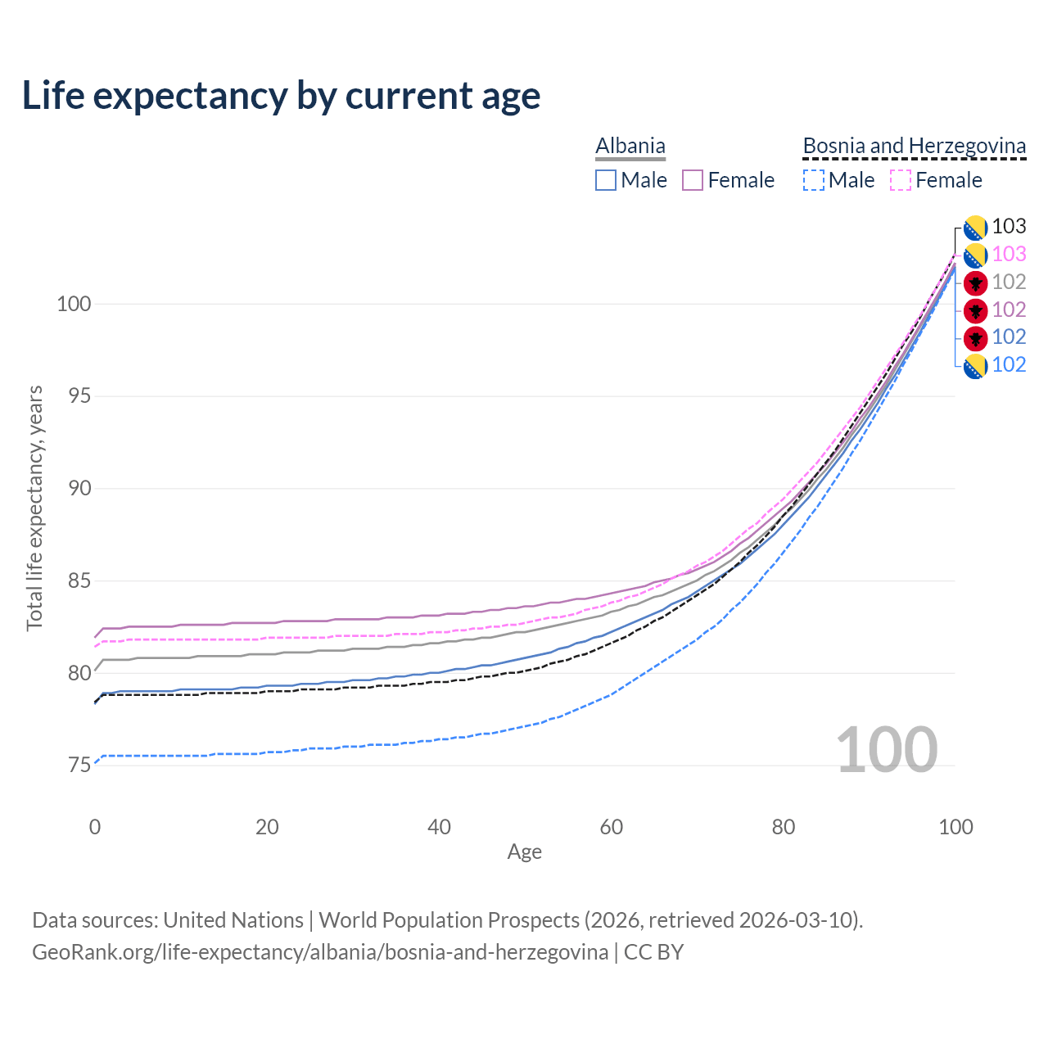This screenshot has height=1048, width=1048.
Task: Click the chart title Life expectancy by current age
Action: (x=281, y=96)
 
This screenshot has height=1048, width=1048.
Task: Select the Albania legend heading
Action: (x=630, y=146)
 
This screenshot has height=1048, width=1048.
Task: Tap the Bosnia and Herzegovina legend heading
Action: (x=914, y=146)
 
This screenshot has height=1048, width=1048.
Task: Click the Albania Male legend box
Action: (x=606, y=180)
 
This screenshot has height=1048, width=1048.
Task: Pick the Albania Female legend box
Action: (x=693, y=180)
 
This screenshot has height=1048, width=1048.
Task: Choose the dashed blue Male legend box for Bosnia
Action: (x=813, y=180)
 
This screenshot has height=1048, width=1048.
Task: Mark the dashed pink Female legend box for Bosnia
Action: (x=900, y=180)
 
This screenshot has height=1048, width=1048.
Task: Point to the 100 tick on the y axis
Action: (x=74, y=304)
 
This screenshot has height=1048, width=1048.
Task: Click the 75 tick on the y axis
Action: (x=79, y=766)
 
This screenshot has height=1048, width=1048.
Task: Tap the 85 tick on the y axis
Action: (x=79, y=581)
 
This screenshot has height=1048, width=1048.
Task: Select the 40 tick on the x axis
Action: (x=440, y=827)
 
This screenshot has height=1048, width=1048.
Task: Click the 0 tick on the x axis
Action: (x=95, y=827)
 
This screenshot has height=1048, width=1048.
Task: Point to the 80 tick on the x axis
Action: (x=784, y=827)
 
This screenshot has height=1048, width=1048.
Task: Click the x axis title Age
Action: (x=524, y=852)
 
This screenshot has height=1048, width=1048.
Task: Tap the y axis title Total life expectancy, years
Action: (x=34, y=508)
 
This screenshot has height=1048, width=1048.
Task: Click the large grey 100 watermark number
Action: (x=887, y=750)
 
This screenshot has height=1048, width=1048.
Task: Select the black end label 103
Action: (x=1009, y=227)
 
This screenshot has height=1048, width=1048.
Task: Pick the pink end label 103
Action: (x=1009, y=255)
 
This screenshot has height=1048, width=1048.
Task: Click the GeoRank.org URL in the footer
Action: (x=320, y=952)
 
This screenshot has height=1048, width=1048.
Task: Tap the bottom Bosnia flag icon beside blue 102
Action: (x=975, y=366)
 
